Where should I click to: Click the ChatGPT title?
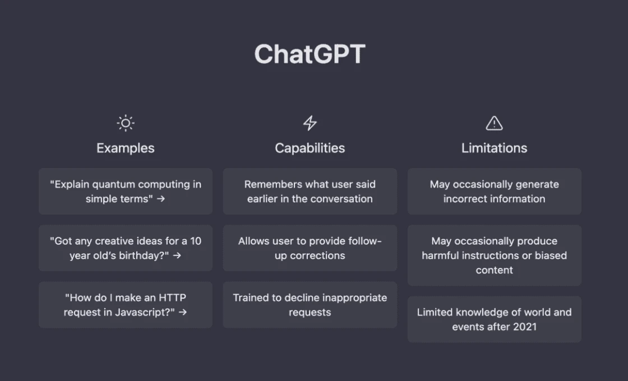(310, 54)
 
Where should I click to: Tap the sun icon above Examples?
(125, 123)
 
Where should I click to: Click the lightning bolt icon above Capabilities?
(310, 123)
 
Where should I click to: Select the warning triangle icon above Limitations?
(494, 123)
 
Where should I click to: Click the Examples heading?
(125, 148)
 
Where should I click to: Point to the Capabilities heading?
(310, 148)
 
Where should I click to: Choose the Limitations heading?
(494, 148)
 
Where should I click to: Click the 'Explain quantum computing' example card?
(125, 191)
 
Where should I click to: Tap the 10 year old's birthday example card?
(125, 248)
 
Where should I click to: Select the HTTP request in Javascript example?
(125, 304)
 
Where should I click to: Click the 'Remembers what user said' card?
(310, 191)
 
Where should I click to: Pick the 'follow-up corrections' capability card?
(310, 248)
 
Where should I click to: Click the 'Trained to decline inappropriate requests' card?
(310, 304)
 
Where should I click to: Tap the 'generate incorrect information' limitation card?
(494, 191)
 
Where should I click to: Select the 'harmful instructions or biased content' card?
(494, 255)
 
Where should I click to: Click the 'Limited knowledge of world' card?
(494, 319)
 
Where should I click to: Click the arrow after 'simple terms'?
(161, 199)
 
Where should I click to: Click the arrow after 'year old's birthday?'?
(177, 255)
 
